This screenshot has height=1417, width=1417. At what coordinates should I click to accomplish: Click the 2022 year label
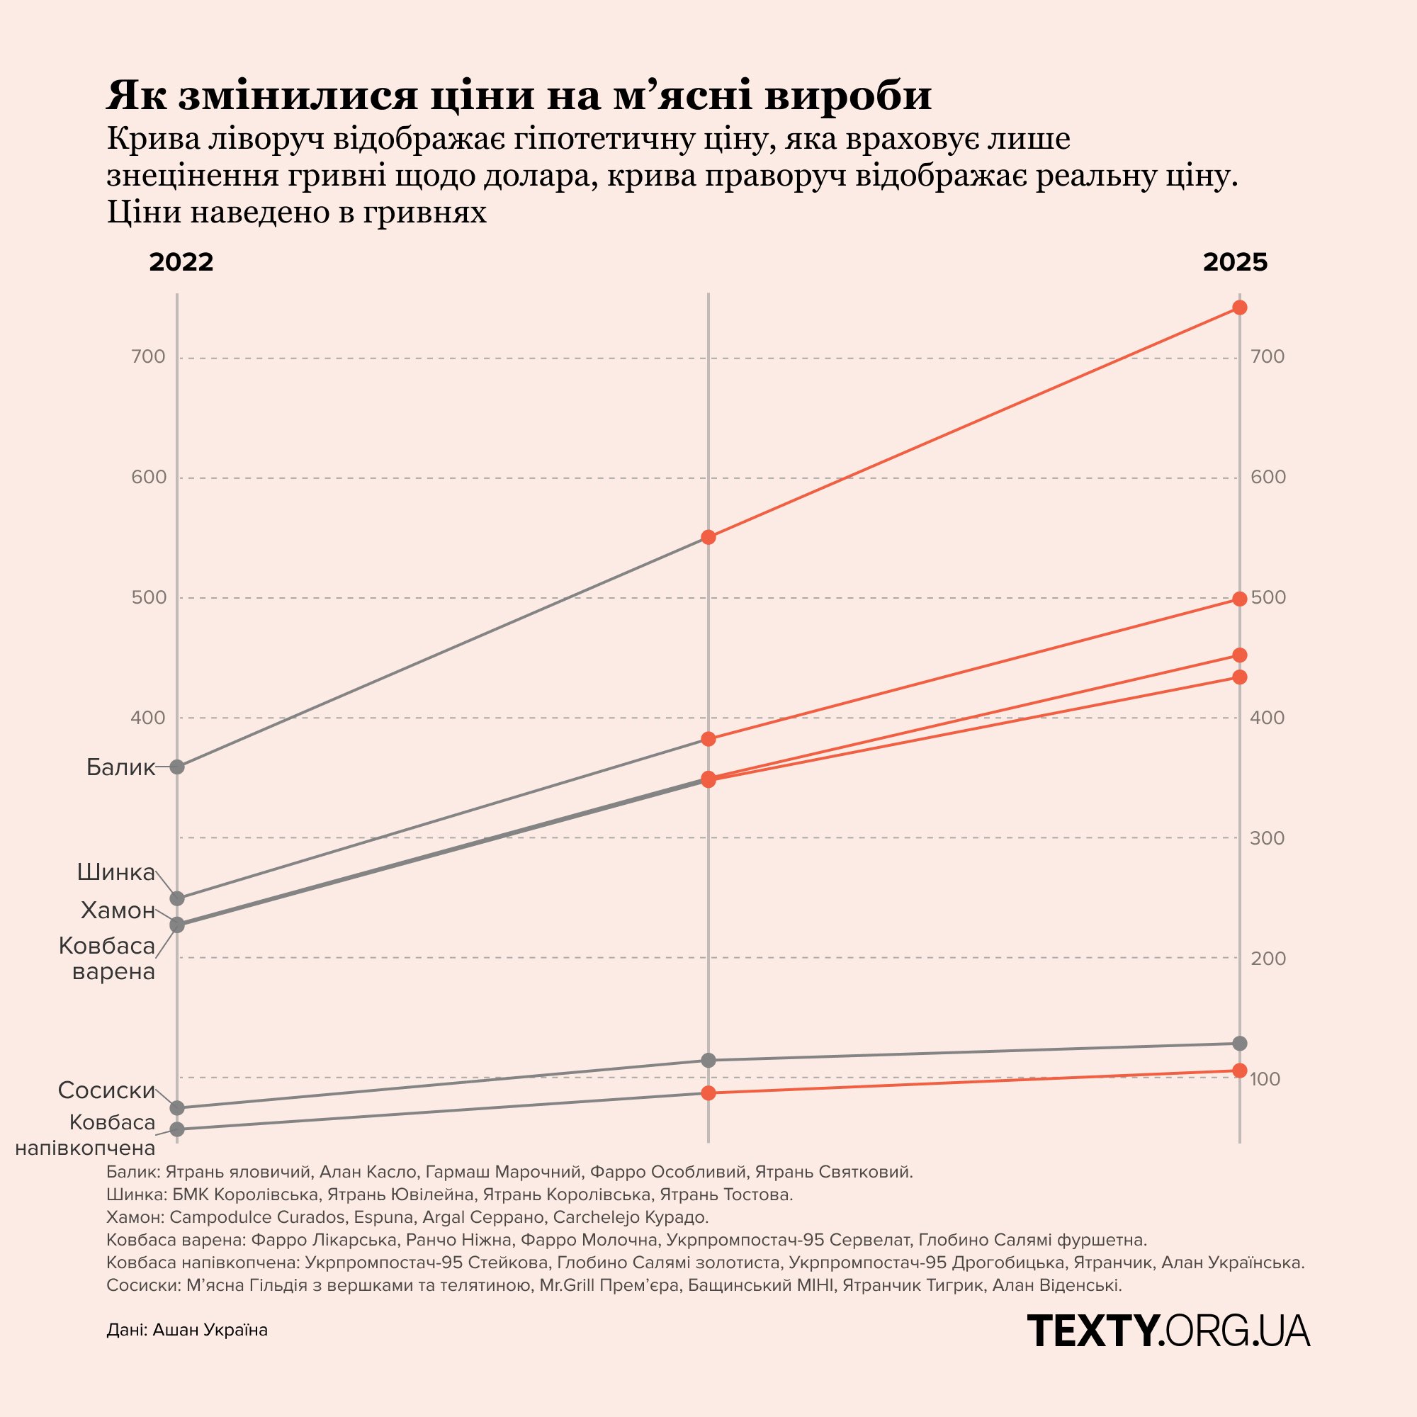181,262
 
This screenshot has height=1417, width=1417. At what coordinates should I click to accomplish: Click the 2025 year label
1235,262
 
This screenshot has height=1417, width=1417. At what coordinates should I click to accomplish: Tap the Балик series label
120,767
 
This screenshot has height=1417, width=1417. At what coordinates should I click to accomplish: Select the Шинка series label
116,872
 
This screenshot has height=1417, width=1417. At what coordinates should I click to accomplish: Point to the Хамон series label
118,910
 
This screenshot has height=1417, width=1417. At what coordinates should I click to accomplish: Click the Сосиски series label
106,1090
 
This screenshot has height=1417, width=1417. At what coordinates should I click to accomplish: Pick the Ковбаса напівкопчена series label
86,1134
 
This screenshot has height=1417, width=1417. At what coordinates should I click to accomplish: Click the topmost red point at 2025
1239,307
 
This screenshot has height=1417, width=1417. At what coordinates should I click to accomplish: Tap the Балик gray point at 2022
176,767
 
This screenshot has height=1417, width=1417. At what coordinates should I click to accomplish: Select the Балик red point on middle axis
708,537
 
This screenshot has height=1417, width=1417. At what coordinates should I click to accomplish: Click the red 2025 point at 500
1239,599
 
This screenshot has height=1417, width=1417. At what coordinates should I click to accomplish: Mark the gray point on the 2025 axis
1239,1043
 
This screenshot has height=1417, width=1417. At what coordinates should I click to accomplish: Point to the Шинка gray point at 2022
176,898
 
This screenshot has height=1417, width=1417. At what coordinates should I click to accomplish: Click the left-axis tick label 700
148,357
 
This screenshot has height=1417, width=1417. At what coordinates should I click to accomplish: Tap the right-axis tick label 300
1268,838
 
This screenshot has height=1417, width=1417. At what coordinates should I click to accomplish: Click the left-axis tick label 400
148,717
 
